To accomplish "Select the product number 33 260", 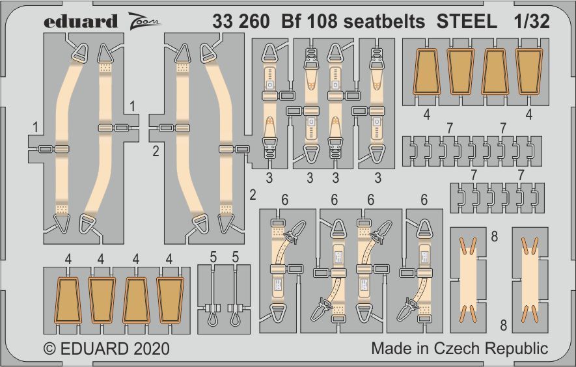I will click(x=240, y=21).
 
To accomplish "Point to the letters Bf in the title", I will click(x=294, y=21).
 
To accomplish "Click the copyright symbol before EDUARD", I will click(x=49, y=348).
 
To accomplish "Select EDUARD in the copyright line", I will click(x=92, y=348).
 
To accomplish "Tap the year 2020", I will click(x=150, y=348).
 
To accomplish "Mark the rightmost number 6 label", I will click(x=424, y=200).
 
